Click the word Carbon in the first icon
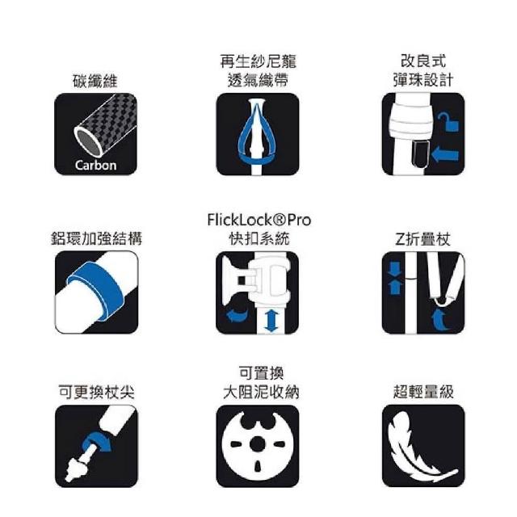click(95, 165)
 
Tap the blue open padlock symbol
click(448, 121)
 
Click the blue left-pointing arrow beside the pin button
click(445, 154)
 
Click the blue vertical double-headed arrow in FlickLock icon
click(271, 321)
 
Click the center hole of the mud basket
click(258, 443)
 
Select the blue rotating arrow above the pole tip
click(97, 442)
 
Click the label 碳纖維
click(95, 81)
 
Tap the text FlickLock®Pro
click(258, 220)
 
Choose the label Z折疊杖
click(422, 239)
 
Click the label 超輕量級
click(423, 392)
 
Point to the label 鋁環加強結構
click(96, 238)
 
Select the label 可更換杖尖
click(96, 392)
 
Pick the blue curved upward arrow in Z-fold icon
click(440, 319)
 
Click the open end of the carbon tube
click(87, 142)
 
